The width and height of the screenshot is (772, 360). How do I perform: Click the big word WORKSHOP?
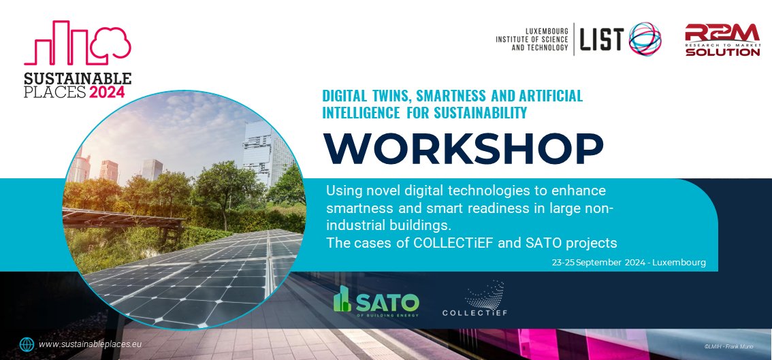click(462, 149)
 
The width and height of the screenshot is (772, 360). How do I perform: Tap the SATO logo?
click(376, 300)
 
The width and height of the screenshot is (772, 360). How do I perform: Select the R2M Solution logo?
click(722, 40)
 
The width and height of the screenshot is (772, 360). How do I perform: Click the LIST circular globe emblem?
click(643, 39)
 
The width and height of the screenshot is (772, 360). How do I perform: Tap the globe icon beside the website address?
click(27, 344)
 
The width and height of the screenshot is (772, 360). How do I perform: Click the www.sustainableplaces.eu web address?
click(89, 344)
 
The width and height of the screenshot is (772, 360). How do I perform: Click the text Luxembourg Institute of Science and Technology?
click(532, 39)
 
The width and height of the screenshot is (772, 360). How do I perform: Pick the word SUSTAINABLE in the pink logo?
click(77, 78)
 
